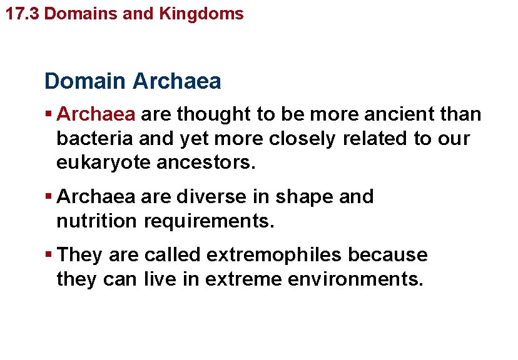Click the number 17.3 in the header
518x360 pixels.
pyautogui.click(x=23, y=14)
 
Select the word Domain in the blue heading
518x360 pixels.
pyautogui.click(x=86, y=81)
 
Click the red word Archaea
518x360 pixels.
pyautogui.click(x=96, y=114)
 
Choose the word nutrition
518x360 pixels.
pyautogui.click(x=96, y=221)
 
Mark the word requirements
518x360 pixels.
pyautogui.click(x=210, y=221)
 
